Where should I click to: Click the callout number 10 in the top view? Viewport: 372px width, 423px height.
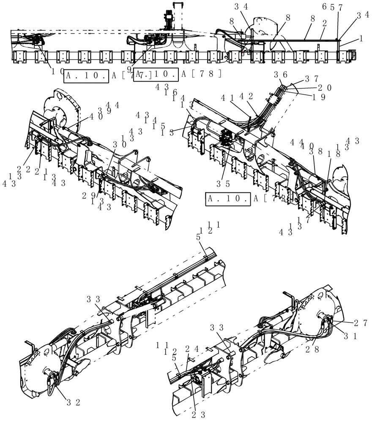tap(58, 71)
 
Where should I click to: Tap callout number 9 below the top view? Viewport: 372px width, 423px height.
tap(129, 68)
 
